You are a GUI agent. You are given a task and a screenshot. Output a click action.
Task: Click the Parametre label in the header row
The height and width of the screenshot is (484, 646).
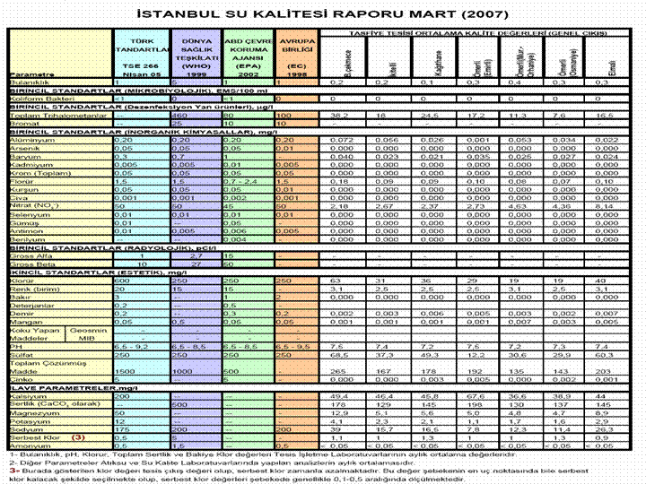(30, 74)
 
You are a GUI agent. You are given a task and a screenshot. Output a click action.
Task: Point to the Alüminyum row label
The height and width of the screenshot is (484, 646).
(31, 142)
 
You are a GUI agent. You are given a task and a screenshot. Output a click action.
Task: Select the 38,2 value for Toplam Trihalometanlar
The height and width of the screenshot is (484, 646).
(339, 116)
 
